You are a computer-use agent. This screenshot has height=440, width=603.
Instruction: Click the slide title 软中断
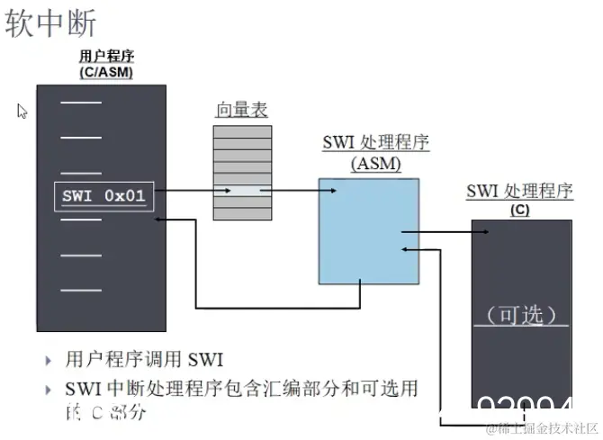(51, 24)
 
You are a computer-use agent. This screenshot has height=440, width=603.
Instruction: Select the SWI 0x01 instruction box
(103, 195)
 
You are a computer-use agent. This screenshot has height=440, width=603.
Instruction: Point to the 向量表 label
(241, 111)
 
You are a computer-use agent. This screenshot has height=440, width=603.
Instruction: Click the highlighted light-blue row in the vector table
(241, 190)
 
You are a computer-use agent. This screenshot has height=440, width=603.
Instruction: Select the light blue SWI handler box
(368, 229)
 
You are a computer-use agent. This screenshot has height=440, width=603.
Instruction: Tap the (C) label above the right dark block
(519, 210)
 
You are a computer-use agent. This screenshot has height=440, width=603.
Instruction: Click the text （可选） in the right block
(521, 315)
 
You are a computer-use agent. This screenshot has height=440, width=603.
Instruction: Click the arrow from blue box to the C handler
(445, 232)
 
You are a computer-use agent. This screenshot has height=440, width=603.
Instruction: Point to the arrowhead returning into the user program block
(160, 218)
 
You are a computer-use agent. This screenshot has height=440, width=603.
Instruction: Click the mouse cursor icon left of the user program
(22, 111)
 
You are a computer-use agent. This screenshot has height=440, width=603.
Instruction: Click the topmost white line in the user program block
(81, 104)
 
